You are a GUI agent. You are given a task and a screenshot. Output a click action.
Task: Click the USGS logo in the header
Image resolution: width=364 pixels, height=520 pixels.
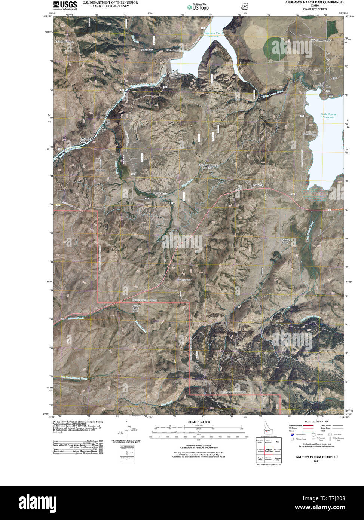click(65, 5)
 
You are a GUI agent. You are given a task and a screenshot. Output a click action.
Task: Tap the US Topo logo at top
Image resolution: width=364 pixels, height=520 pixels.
click(198, 6)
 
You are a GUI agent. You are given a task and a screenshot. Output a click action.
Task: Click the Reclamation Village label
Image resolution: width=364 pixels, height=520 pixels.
click(89, 140)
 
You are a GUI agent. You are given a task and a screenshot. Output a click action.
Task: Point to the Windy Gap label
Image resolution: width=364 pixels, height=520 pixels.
click(258, 185)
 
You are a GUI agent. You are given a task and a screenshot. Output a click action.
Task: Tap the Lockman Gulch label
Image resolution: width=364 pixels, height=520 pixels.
click(286, 241)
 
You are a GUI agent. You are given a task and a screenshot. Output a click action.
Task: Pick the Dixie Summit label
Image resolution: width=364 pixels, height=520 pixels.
click(184, 279)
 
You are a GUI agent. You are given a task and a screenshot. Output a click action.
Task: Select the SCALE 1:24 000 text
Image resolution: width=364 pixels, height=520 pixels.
click(199, 422)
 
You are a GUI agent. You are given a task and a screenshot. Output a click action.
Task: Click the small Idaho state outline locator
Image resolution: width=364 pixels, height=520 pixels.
click(265, 428)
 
